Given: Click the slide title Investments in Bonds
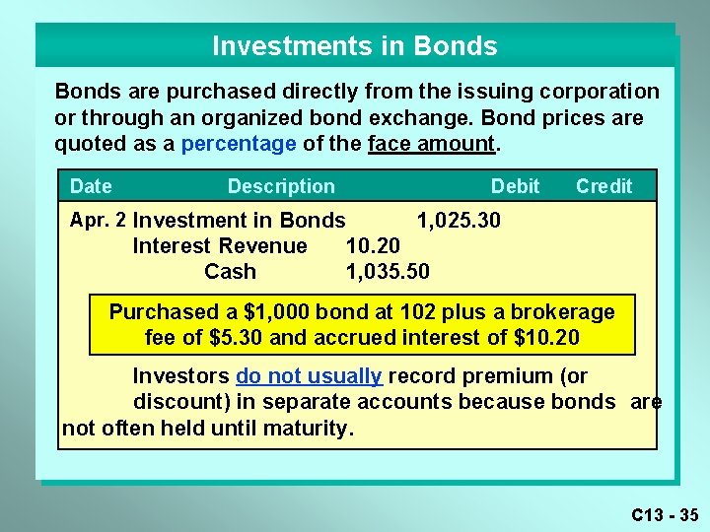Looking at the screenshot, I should tap(355, 46).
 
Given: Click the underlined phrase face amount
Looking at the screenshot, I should tap(430, 144).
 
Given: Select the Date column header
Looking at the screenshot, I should tap(91, 186).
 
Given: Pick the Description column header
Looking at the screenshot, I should tap(281, 186).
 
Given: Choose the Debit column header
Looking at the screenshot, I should tap(515, 186).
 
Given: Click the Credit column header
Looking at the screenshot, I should tap(603, 186).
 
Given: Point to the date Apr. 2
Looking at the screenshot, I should tap(98, 219).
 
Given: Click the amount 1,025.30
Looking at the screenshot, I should tap(459, 220).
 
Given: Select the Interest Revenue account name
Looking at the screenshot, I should tap(220, 245).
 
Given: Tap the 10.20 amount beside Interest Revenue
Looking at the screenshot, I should tap(373, 245).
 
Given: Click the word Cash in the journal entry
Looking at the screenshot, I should tap(230, 271).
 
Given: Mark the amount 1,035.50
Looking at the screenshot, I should tap(388, 271).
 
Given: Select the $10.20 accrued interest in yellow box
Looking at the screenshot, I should tap(546, 338).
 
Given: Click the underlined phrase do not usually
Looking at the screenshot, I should tap(308, 376).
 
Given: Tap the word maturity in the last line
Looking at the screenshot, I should tap(305, 429).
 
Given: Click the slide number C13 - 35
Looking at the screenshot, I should tap(665, 514).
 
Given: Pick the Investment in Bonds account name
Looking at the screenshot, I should tap(239, 220).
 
